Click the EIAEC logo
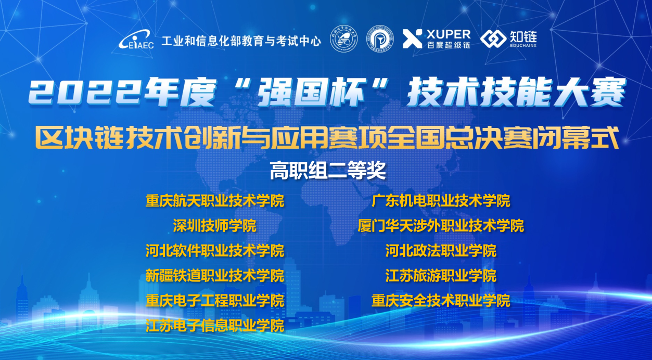click(136, 40)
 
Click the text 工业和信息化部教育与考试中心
click(241, 41)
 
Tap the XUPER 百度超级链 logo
click(437, 38)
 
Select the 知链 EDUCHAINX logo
click(508, 38)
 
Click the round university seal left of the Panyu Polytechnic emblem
click(344, 39)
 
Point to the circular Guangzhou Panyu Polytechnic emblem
click(380, 39)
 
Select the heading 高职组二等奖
click(328, 170)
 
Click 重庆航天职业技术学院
click(215, 201)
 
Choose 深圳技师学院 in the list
click(215, 226)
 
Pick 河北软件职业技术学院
click(215, 251)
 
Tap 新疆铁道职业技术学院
click(215, 275)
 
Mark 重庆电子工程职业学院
click(215, 300)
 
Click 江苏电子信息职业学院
click(215, 325)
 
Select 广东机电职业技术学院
click(441, 201)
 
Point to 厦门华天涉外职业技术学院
click(441, 226)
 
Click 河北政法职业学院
click(441, 251)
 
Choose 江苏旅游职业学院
click(441, 275)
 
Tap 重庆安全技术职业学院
click(441, 300)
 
